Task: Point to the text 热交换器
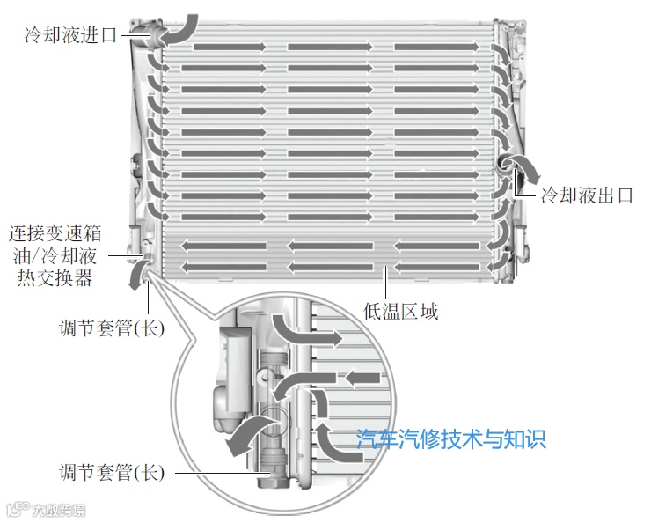(55, 278)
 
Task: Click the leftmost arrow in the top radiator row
(223, 47)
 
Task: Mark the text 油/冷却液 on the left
(55, 256)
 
